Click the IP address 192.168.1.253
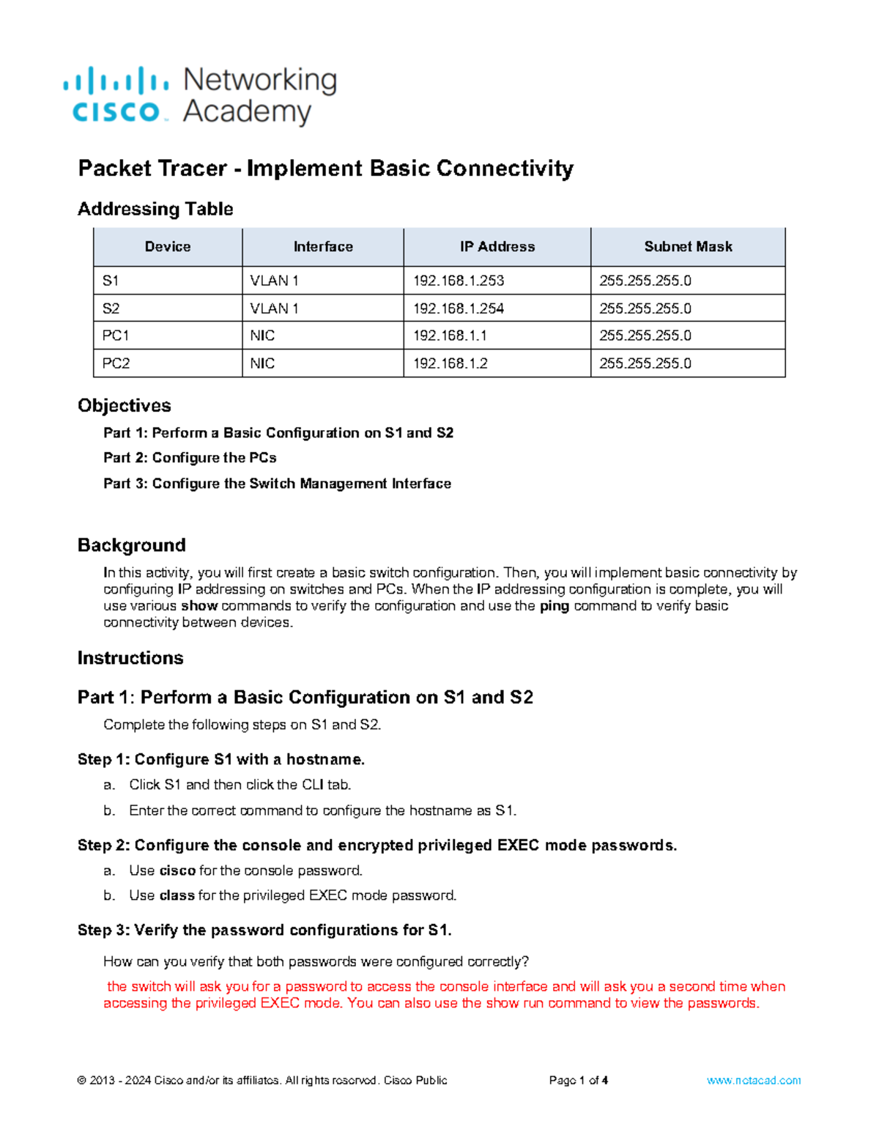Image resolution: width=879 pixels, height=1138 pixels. click(x=459, y=281)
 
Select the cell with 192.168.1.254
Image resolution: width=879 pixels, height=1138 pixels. click(x=459, y=308)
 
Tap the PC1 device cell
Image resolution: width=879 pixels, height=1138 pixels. click(x=116, y=336)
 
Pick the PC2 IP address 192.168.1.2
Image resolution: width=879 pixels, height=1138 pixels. click(x=450, y=363)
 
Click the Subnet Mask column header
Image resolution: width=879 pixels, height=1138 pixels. click(x=688, y=247)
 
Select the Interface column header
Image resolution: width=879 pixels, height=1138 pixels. click(x=323, y=247)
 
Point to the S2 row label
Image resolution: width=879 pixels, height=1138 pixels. click(x=111, y=308)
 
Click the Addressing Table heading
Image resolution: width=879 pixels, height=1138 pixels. click(x=155, y=209)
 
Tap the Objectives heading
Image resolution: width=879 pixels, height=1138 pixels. click(x=125, y=405)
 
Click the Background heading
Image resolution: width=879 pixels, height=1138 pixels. click(x=132, y=545)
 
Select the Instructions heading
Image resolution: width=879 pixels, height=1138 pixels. click(x=130, y=658)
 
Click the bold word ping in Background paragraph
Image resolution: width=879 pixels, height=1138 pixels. click(x=555, y=606)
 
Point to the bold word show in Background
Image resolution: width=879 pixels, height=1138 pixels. click(x=199, y=606)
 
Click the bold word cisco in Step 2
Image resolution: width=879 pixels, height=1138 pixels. click(x=177, y=871)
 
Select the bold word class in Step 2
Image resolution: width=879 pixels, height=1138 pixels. click(x=177, y=895)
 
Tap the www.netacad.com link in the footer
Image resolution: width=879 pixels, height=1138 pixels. click(x=754, y=1080)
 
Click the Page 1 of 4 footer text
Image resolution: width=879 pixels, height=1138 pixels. click(x=579, y=1080)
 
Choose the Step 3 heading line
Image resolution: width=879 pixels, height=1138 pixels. click(x=264, y=930)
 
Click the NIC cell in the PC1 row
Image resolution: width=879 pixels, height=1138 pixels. click(x=262, y=336)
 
